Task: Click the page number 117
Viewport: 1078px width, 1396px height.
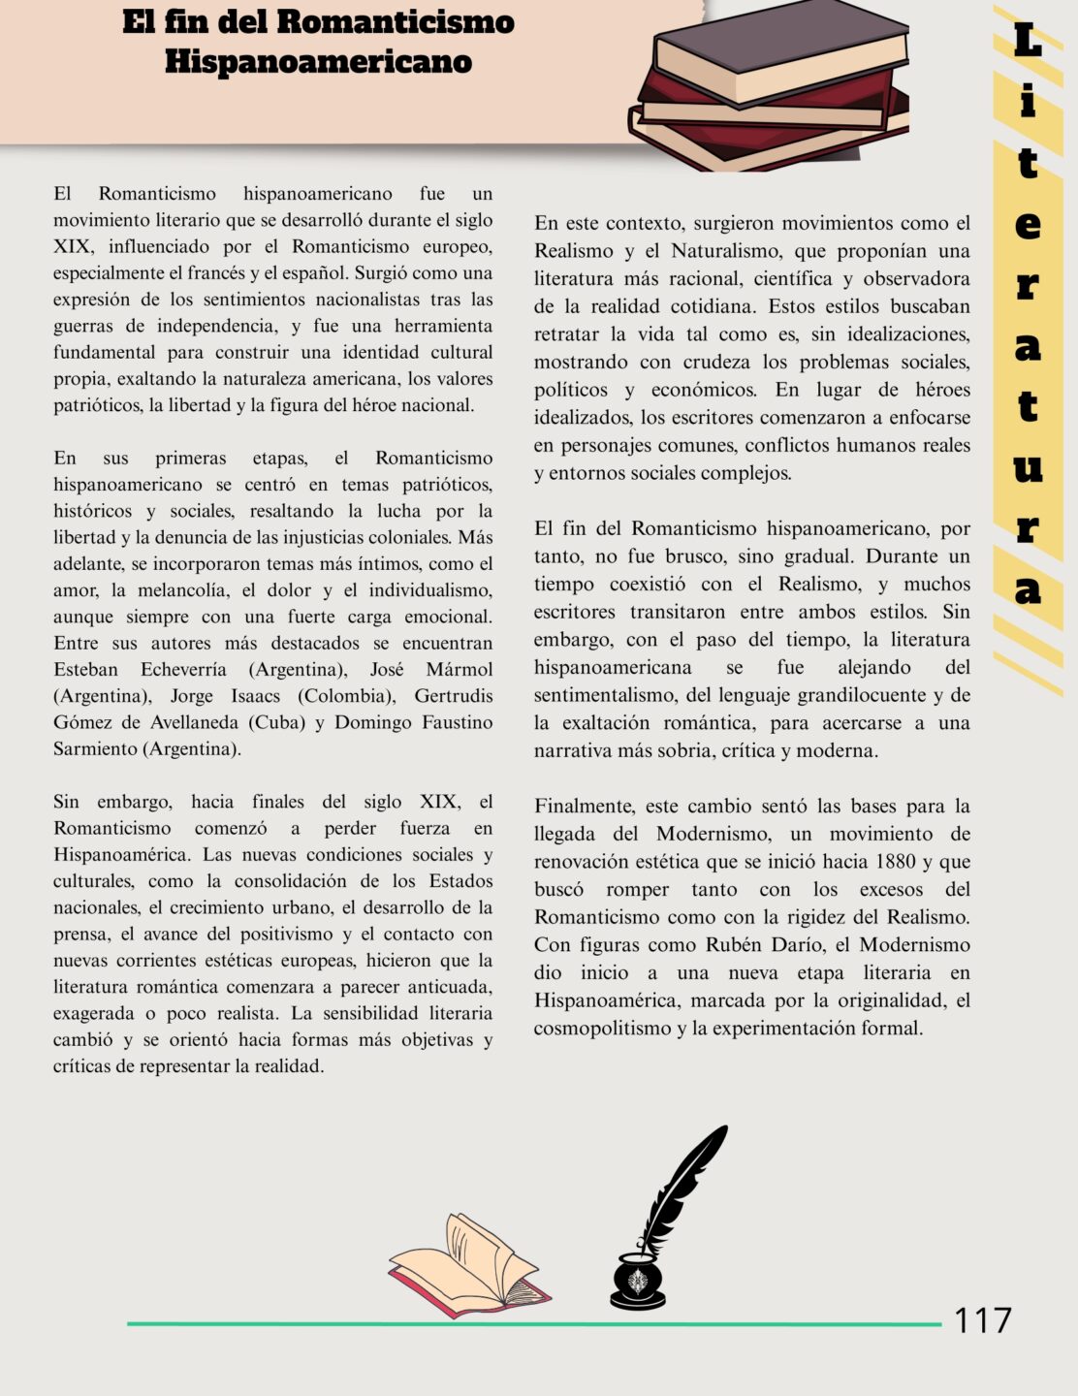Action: pos(982,1320)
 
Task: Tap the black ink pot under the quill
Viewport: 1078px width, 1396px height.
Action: pos(638,1282)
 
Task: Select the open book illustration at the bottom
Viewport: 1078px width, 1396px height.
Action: pos(470,1265)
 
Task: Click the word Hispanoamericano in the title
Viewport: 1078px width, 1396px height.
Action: pos(318,61)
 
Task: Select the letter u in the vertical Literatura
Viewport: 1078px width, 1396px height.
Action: pos(1028,468)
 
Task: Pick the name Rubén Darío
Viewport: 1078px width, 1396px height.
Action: pos(758,944)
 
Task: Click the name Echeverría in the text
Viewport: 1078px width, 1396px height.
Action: pos(183,669)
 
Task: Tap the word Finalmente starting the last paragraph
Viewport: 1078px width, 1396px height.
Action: pos(583,806)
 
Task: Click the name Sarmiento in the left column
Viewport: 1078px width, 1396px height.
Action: pos(95,748)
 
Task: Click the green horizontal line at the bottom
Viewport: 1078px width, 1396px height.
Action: pos(533,1323)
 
